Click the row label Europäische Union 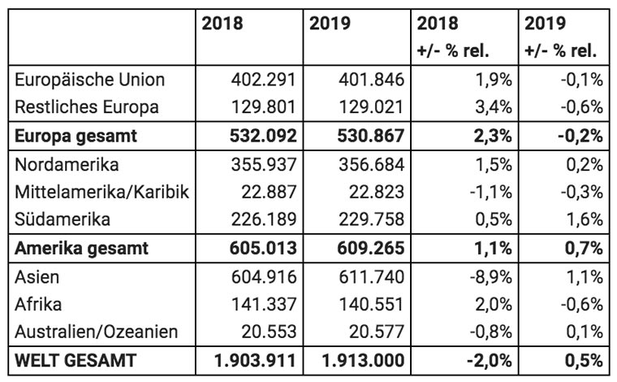[x=90, y=80]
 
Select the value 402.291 [x=263, y=80]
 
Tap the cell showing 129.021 [x=371, y=107]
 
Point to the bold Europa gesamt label [x=76, y=137]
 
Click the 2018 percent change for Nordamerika [x=494, y=165]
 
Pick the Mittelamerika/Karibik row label [x=102, y=192]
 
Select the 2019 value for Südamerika [x=371, y=219]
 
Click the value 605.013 [x=263, y=249]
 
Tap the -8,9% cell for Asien [x=490, y=277]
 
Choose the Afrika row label [x=38, y=305]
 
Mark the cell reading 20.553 [x=269, y=332]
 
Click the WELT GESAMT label [x=76, y=361]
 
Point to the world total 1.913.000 [x=363, y=361]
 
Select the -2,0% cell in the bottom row [x=489, y=361]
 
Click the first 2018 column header [x=222, y=24]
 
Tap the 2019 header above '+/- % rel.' [x=545, y=24]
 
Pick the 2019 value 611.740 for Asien [x=371, y=277]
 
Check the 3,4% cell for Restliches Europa [x=494, y=107]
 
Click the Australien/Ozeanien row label [x=97, y=332]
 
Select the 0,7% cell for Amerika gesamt [x=584, y=249]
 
